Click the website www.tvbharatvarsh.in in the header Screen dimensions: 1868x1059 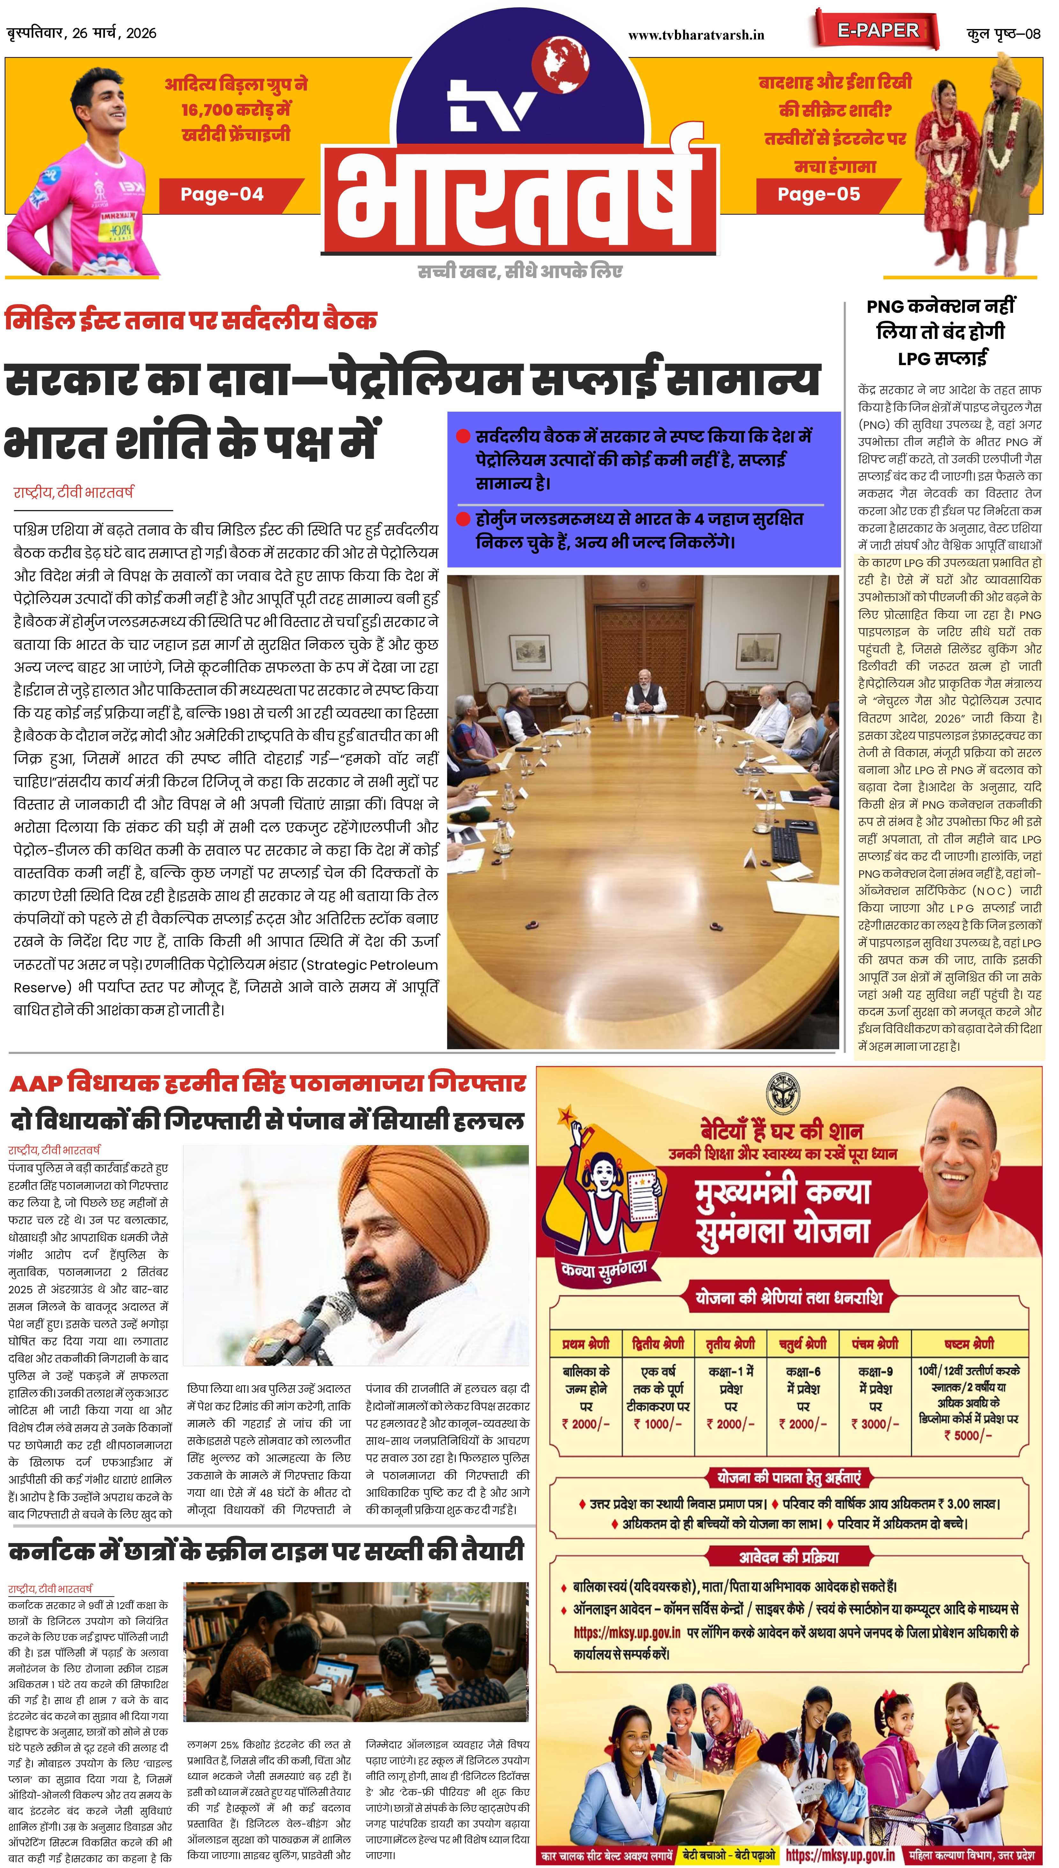click(x=696, y=34)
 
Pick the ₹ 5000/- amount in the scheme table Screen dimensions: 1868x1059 click(x=968, y=1435)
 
